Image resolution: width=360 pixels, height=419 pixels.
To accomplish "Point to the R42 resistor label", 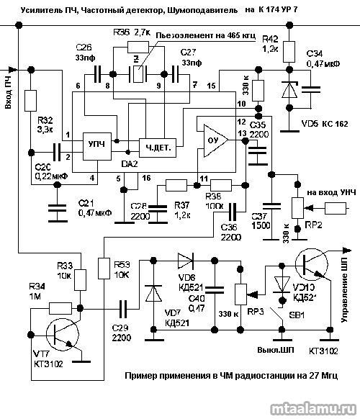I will click(270, 43).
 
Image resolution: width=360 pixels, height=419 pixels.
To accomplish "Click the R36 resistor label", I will click(121, 33).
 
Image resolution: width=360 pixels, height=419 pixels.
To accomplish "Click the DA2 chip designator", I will click(129, 165).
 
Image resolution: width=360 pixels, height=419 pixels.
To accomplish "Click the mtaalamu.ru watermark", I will click(312, 407).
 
